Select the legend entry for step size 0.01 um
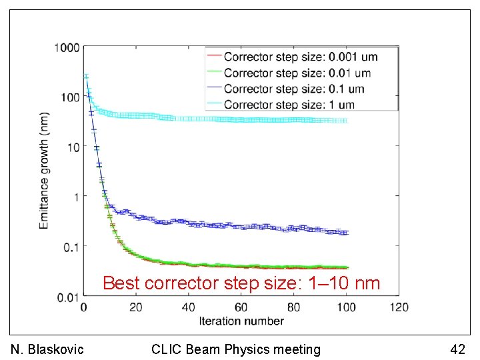pos(297,73)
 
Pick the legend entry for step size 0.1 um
pos(294,89)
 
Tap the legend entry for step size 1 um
pos(289,105)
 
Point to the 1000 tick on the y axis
pos(67,47)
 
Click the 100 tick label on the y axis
pos(70,97)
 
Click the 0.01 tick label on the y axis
pos(68,296)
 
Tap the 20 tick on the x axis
pos(135,307)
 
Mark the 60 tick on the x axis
pos(241,307)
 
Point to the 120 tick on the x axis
pos(399,307)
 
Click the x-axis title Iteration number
pos(241,321)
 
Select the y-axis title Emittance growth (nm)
pos(44,171)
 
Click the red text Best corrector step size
pos(241,283)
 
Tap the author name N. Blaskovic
pos(48,349)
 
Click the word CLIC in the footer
pos(165,349)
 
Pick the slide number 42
pos(457,349)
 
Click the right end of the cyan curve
pos(345,121)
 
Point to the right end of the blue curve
pos(345,232)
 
